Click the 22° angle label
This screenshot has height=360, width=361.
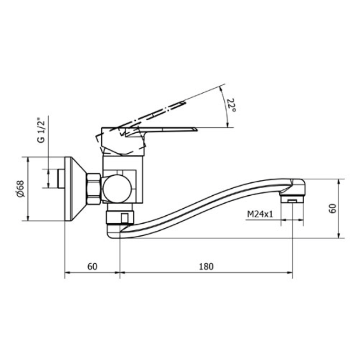coord(231,105)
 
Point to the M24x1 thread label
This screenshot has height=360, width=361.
coord(260,214)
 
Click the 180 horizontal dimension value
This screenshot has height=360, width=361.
coord(206,266)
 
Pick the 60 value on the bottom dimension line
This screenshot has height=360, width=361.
coord(92,266)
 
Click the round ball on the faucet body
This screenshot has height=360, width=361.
coord(117,189)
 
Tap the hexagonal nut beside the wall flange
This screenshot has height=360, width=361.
coord(94,189)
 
